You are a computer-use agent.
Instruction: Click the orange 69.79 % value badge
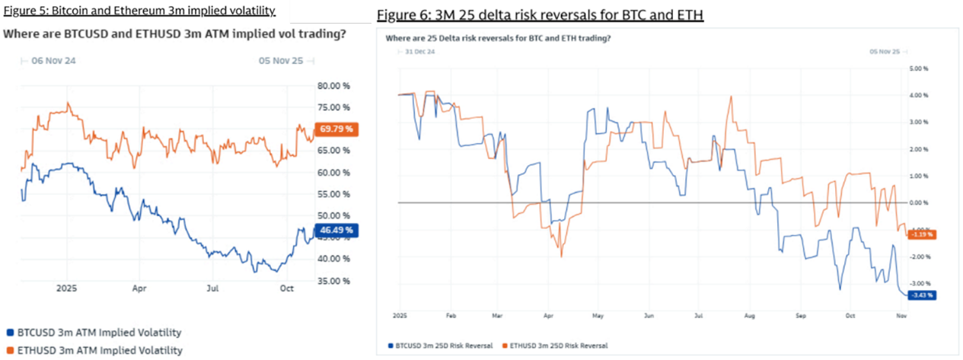[336, 129]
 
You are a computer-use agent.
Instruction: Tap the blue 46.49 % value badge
[336, 229]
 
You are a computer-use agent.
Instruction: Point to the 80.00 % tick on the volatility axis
[333, 85]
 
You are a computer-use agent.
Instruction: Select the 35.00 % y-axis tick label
[333, 281]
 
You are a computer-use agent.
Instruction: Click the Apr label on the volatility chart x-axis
[139, 289]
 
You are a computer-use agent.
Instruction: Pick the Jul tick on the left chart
[214, 289]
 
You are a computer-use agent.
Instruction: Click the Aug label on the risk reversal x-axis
[749, 314]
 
